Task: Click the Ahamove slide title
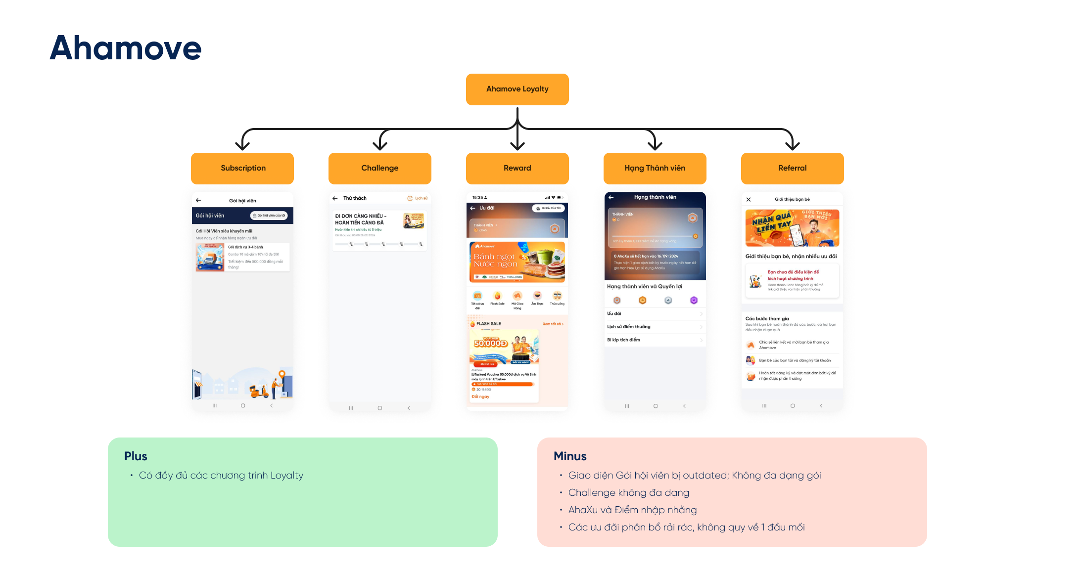click(x=126, y=48)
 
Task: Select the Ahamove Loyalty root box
click(x=517, y=89)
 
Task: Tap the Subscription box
click(x=242, y=168)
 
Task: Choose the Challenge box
click(x=379, y=168)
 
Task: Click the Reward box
click(x=517, y=168)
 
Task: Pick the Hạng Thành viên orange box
click(x=655, y=168)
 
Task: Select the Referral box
click(x=792, y=168)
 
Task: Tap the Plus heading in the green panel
click(x=136, y=456)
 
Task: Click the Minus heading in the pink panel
click(x=570, y=456)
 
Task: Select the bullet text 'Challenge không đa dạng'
click(x=628, y=493)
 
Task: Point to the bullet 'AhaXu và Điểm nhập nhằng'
click(x=632, y=510)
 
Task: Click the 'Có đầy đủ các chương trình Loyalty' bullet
click(x=221, y=476)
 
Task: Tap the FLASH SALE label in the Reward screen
click(x=488, y=324)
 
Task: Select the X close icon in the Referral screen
click(x=749, y=200)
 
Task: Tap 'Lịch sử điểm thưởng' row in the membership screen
click(x=629, y=327)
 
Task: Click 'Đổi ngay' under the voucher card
click(x=480, y=396)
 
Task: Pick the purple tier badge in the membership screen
click(x=694, y=300)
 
